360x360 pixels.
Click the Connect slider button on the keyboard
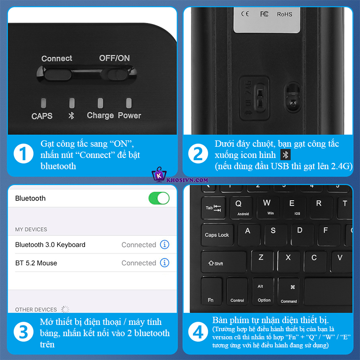[58, 73]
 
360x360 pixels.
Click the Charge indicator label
[100, 116]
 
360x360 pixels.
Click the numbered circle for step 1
[23, 154]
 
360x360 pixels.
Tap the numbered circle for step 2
[198, 154]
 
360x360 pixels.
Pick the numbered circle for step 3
[23, 332]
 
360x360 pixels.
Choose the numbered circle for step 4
[198, 332]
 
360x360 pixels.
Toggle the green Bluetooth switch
[159, 198]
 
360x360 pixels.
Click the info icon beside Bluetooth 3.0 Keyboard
[165, 245]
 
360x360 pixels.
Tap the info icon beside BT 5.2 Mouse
[165, 263]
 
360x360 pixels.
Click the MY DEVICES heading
[31, 229]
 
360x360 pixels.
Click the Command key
[288, 291]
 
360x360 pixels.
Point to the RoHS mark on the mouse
[284, 14]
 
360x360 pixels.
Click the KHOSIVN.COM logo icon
[158, 175]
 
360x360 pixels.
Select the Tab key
[213, 207]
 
